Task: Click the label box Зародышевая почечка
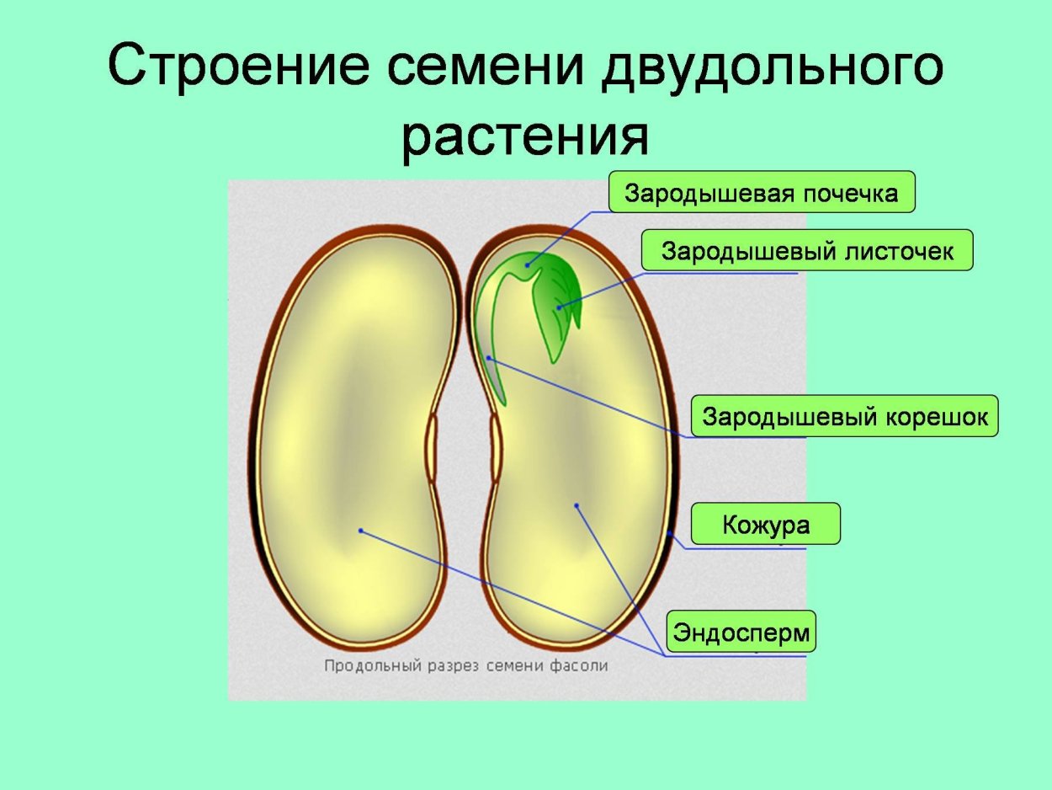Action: tap(761, 194)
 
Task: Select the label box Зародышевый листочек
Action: tap(807, 251)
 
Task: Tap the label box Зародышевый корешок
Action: tap(845, 416)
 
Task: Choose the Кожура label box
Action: tap(766, 525)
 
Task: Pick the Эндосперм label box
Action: tap(741, 632)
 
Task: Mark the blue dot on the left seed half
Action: tap(360, 531)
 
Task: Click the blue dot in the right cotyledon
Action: tap(577, 505)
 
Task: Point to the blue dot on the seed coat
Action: tap(671, 532)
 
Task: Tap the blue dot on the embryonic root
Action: tap(489, 359)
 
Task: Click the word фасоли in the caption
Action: tap(580, 665)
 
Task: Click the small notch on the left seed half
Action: tap(432, 446)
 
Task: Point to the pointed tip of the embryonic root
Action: tap(504, 403)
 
